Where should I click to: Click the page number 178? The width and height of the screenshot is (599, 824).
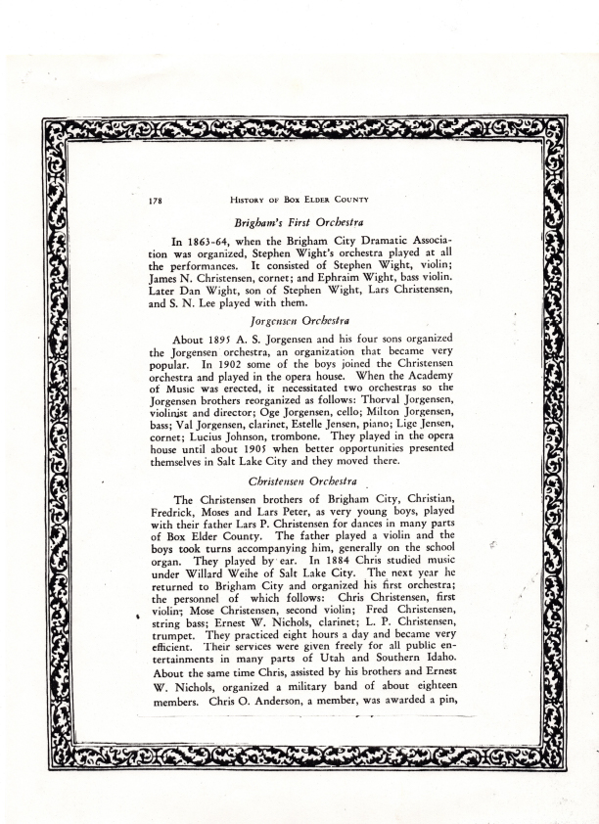(x=156, y=201)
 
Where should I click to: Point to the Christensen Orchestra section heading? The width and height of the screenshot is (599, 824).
(x=299, y=482)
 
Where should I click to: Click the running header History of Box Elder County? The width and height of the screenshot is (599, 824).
(x=299, y=201)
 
